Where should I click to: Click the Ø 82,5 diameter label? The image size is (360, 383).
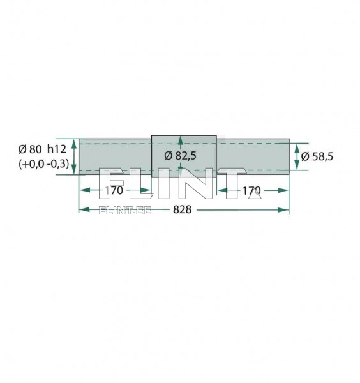(x=180, y=156)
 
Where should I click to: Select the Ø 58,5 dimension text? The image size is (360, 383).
(x=317, y=156)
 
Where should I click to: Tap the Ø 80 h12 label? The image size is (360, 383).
(x=42, y=149)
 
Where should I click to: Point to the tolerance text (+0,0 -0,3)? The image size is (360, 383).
(x=43, y=163)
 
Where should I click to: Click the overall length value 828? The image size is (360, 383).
(x=182, y=209)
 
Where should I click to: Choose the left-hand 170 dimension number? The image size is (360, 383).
(x=114, y=190)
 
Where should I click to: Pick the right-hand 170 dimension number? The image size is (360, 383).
(x=251, y=190)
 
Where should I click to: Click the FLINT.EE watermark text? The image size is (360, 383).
(x=125, y=210)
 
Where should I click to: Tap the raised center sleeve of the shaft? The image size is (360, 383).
(x=184, y=156)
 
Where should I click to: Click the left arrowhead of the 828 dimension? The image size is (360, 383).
(x=84, y=209)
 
